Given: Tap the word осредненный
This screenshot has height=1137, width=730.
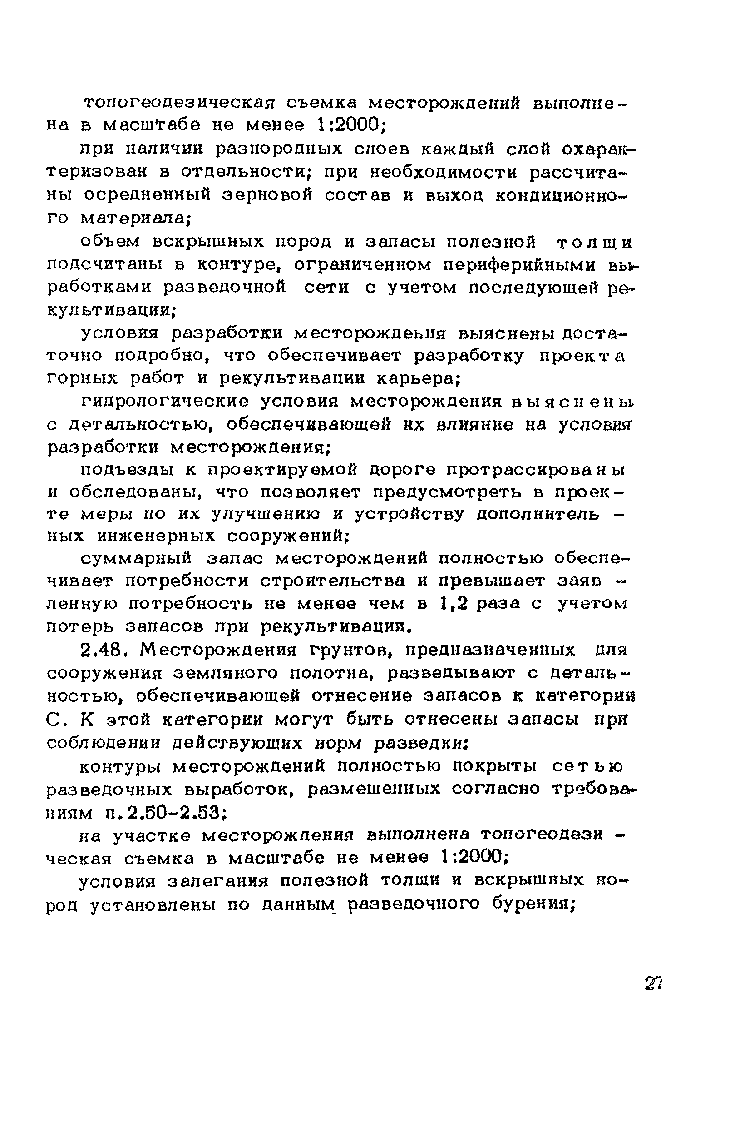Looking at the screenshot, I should (x=147, y=194).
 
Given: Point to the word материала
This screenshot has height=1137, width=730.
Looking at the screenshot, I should (x=135, y=218).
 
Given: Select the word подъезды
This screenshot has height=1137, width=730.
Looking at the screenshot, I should (x=127, y=470).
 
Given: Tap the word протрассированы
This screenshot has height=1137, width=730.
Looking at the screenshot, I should (x=536, y=470).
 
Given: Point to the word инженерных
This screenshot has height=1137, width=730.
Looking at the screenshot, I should (x=157, y=536).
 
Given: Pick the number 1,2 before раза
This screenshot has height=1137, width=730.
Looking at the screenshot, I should (x=454, y=603).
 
